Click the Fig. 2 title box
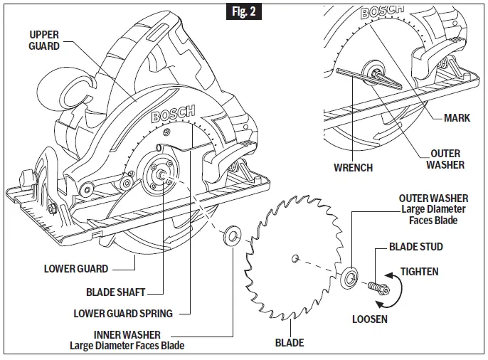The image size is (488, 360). [244, 12]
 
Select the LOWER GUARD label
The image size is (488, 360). [76, 269]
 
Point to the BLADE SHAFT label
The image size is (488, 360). [115, 292]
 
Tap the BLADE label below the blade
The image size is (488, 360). [290, 343]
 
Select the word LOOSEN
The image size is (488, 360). [370, 319]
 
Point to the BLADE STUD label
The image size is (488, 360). [415, 247]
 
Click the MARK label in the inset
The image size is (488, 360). [456, 118]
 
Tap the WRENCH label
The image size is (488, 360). [353, 169]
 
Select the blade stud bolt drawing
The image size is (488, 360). [377, 287]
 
